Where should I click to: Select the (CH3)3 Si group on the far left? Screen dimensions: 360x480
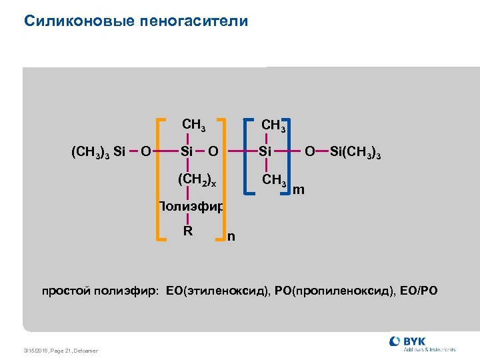click(98, 153)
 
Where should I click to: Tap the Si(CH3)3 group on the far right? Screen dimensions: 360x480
click(355, 153)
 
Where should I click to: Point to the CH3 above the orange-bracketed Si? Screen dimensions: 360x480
click(193, 125)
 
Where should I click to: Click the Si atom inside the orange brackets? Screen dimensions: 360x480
click(187, 153)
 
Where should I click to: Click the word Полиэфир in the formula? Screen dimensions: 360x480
click(191, 206)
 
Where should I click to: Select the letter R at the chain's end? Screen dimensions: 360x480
click(188, 231)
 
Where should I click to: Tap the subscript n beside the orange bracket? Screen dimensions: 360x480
click(231, 236)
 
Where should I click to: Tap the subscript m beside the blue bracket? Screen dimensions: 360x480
click(299, 191)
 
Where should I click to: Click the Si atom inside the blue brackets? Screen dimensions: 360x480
click(265, 153)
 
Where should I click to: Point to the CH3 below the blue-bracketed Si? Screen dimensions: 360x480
click(274, 180)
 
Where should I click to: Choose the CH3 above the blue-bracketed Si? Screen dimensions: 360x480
click(274, 125)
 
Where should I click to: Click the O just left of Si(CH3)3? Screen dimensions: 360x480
click(309, 153)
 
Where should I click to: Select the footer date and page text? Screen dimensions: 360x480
click(60, 351)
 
